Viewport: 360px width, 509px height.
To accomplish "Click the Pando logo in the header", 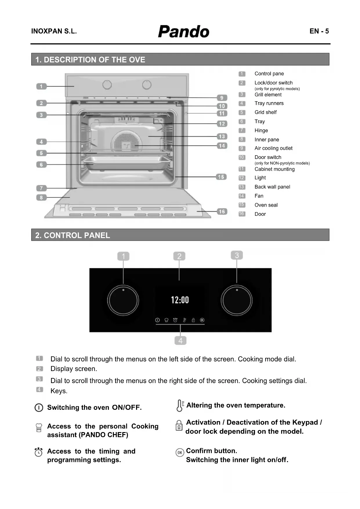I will coord(183,31).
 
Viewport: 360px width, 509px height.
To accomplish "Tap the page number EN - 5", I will coord(319,31).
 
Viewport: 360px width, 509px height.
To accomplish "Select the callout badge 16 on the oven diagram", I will coord(222,212).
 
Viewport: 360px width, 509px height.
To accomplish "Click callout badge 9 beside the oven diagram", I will coord(222,98).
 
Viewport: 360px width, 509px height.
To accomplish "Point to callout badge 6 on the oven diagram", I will coord(41,165).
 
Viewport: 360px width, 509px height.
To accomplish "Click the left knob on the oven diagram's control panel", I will coord(107,85).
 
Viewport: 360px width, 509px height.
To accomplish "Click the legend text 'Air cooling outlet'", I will coord(273,148).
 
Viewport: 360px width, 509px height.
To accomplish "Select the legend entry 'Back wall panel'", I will coord(272,187).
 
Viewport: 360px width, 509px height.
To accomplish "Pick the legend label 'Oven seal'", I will coord(266,205).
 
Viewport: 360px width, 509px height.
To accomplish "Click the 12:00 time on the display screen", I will coord(180,300).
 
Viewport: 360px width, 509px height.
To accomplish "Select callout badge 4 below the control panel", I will coord(180,340).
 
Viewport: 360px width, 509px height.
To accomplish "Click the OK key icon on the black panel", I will coord(202,320).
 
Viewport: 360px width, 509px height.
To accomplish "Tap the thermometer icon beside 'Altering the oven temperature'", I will coord(180,406).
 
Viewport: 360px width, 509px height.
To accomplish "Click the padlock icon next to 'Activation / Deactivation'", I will coord(179,426).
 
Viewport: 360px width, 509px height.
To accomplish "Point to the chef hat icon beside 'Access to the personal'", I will coord(39,427).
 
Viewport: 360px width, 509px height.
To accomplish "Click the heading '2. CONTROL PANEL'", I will coord(73,235).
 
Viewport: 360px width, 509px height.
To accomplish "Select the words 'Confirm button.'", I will coord(211,451).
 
